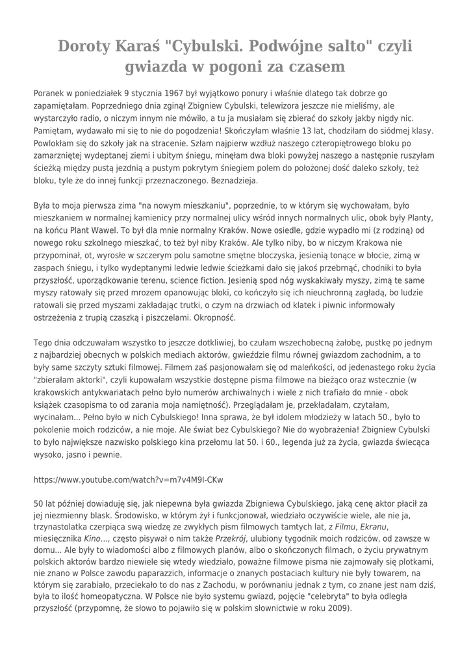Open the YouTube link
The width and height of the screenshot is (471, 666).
[x=127, y=480]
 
